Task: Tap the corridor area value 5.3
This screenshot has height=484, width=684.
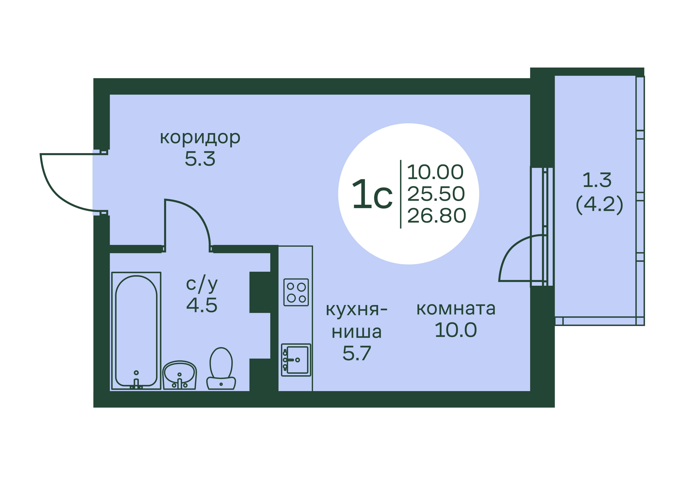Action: (200, 159)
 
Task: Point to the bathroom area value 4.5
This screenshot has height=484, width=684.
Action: (202, 305)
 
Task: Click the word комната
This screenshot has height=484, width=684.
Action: (456, 309)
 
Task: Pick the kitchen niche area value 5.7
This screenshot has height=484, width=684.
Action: (357, 353)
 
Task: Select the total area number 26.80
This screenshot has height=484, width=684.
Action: (436, 216)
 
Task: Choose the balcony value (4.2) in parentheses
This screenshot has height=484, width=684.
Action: (599, 204)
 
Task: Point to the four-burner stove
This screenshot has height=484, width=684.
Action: (296, 292)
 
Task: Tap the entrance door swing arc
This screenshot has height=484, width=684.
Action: (57, 191)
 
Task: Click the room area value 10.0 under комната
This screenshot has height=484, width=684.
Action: (456, 330)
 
